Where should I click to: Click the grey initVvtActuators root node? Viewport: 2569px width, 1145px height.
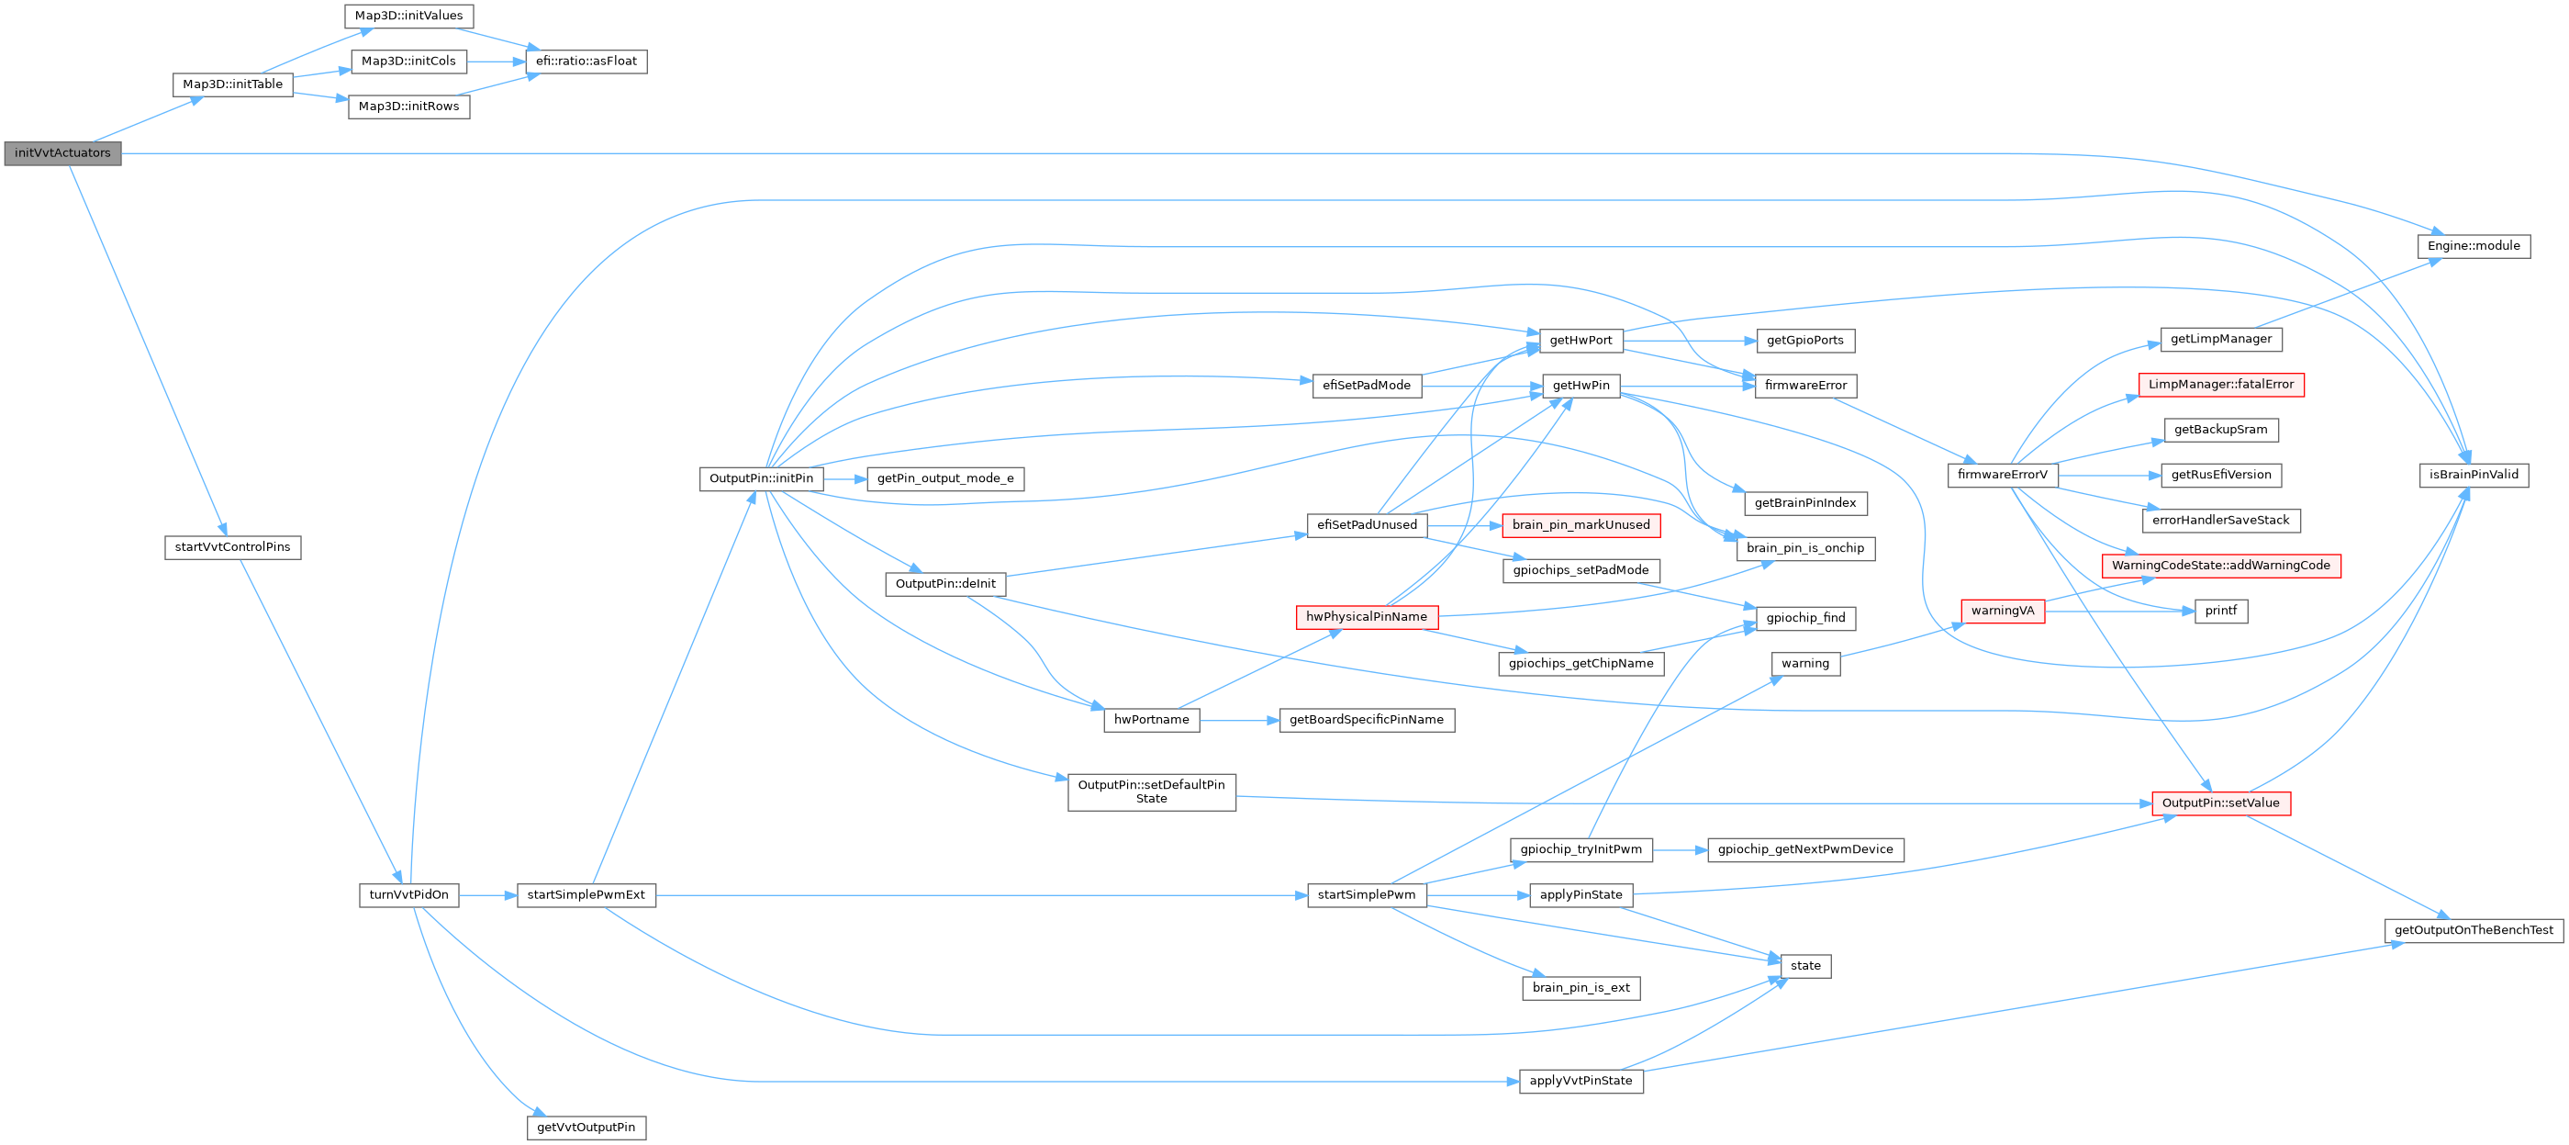tap(61, 153)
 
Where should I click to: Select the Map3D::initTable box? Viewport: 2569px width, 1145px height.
tap(232, 84)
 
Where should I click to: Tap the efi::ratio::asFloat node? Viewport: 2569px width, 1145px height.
tap(586, 62)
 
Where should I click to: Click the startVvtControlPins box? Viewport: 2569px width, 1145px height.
tap(232, 547)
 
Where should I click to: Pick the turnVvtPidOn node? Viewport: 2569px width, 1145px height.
tap(408, 894)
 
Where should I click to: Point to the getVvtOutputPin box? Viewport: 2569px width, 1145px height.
tap(586, 1127)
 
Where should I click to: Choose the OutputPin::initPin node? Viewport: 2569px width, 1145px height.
tap(761, 478)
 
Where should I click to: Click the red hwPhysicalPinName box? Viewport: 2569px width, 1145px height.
tap(1367, 617)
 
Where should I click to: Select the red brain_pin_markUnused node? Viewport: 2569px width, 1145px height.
tap(1580, 525)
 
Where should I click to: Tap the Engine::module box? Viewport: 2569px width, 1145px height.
tap(2474, 246)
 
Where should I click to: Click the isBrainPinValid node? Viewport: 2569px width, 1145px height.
tap(2474, 475)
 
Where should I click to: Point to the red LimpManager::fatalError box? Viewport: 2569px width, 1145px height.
tap(2221, 385)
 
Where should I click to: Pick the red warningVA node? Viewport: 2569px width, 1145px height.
tap(2002, 611)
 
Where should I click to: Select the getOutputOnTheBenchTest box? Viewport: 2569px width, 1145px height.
tap(2474, 930)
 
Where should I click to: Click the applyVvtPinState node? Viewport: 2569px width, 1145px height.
tap(1580, 1081)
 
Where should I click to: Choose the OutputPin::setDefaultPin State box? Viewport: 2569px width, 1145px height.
tap(1151, 791)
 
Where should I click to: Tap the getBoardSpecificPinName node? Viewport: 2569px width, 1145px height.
tap(1367, 720)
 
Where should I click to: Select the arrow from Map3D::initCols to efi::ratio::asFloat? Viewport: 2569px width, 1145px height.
tap(496, 62)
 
